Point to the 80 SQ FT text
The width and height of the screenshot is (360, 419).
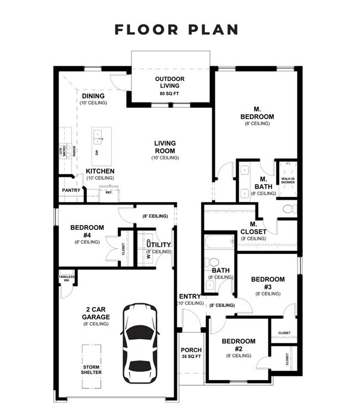(169, 94)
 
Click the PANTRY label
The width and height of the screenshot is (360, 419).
(71, 190)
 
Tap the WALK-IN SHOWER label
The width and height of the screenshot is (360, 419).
(287, 180)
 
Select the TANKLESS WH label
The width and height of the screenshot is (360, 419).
(66, 278)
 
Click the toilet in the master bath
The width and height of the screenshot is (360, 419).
(288, 209)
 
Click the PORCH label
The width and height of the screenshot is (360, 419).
(191, 350)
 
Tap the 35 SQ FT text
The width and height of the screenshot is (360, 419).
(191, 358)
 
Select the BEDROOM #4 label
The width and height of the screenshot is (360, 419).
(87, 231)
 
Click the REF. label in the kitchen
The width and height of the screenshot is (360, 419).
(109, 193)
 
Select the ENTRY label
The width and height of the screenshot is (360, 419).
(190, 297)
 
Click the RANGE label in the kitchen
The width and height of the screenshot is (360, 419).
(74, 150)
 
